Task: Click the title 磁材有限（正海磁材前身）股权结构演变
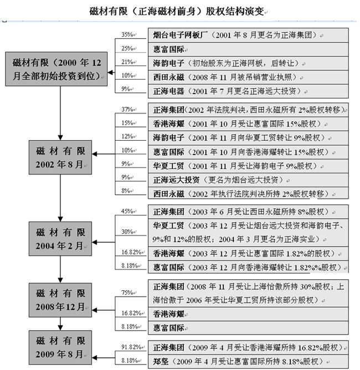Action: tap(177, 11)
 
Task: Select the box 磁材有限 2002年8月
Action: tap(60, 157)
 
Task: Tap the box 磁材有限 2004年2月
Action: tap(60, 239)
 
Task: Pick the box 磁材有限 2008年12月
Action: tap(60, 300)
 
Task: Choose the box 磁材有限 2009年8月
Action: tap(60, 347)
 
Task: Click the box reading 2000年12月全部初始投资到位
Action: tap(56, 69)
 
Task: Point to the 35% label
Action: tap(127, 34)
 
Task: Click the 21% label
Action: tap(127, 62)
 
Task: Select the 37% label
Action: tap(127, 109)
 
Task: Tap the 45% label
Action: tap(127, 211)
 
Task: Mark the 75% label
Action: tap(127, 292)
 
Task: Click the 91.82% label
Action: tap(131, 347)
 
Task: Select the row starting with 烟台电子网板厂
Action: tap(248, 35)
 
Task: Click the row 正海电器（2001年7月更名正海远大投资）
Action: tap(248, 91)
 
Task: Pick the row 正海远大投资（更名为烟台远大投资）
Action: tap(248, 180)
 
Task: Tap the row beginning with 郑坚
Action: tap(248, 362)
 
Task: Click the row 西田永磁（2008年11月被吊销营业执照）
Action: tap(248, 78)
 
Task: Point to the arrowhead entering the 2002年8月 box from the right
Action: tap(94, 154)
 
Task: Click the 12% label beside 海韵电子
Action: tap(127, 136)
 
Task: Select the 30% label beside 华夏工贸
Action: tap(127, 232)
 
